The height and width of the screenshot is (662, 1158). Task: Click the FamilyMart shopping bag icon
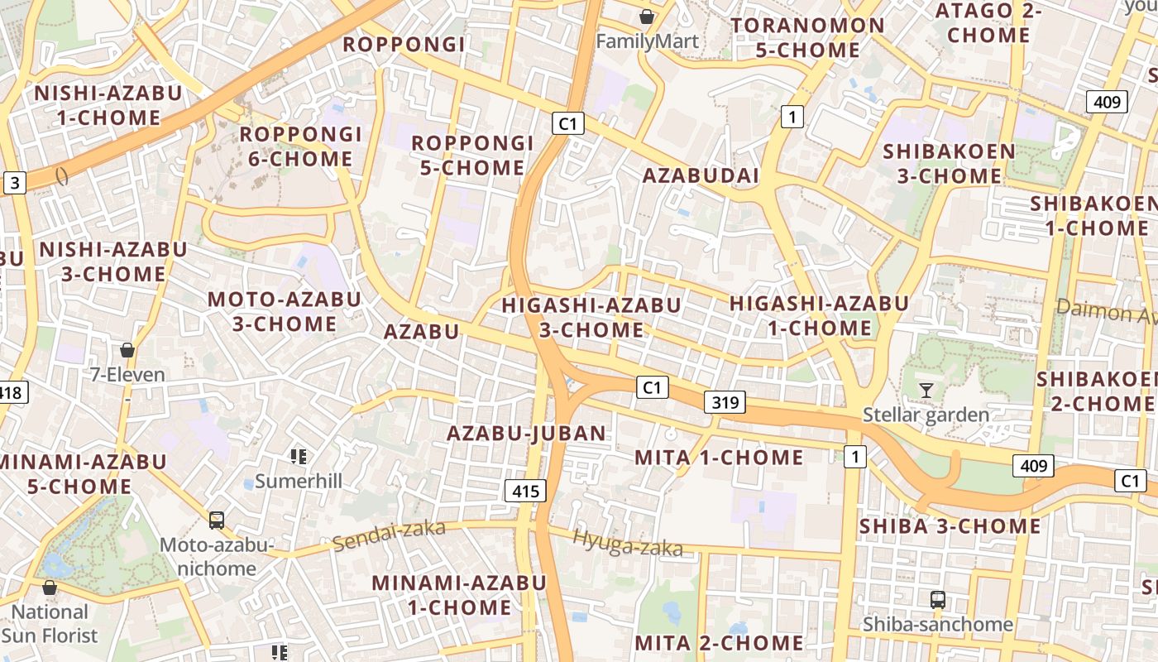[647, 17]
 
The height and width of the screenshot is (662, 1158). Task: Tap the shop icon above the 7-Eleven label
[127, 350]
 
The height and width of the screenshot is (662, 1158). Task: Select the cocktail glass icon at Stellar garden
[926, 390]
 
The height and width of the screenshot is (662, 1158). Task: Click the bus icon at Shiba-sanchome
[937, 600]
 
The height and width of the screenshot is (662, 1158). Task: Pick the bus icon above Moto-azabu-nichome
[217, 520]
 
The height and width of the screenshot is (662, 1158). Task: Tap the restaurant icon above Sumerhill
[299, 456]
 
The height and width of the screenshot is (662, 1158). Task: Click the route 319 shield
[725, 403]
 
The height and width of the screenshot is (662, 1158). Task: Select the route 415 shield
[525, 492]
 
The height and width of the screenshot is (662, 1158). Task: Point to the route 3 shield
[14, 183]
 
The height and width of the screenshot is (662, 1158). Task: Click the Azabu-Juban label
[527, 433]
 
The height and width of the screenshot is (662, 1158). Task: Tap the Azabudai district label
[701, 175]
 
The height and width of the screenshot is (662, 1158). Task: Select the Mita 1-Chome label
[719, 458]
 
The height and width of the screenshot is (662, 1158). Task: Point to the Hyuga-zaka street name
[628, 544]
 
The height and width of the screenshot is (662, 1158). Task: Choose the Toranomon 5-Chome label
[808, 37]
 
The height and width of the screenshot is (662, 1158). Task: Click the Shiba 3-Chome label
[950, 526]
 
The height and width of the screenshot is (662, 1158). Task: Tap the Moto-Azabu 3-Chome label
[284, 311]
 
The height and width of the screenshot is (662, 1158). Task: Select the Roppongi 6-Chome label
[300, 146]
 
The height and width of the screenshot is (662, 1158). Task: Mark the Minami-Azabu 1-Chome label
[459, 595]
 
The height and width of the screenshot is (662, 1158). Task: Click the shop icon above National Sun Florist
[50, 588]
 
